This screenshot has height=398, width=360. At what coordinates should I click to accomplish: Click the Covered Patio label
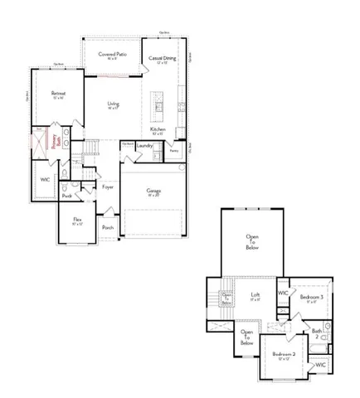coord(112,54)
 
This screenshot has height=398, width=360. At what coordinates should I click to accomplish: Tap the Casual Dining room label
coord(163,59)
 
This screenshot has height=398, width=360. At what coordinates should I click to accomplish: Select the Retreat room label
coord(58,94)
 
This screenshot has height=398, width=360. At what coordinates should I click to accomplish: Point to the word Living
coord(114,104)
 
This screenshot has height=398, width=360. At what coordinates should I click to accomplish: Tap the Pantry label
coord(173,151)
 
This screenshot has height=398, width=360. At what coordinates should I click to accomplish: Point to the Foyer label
coord(108,187)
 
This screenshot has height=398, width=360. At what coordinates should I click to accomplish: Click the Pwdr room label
coord(67,196)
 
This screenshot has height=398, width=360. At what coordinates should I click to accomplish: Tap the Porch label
coord(108,226)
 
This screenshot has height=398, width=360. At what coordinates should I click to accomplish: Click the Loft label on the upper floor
coord(256,296)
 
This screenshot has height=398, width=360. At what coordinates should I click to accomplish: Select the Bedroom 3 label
coord(311,298)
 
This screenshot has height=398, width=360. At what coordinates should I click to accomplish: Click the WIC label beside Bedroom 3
coord(283,294)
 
